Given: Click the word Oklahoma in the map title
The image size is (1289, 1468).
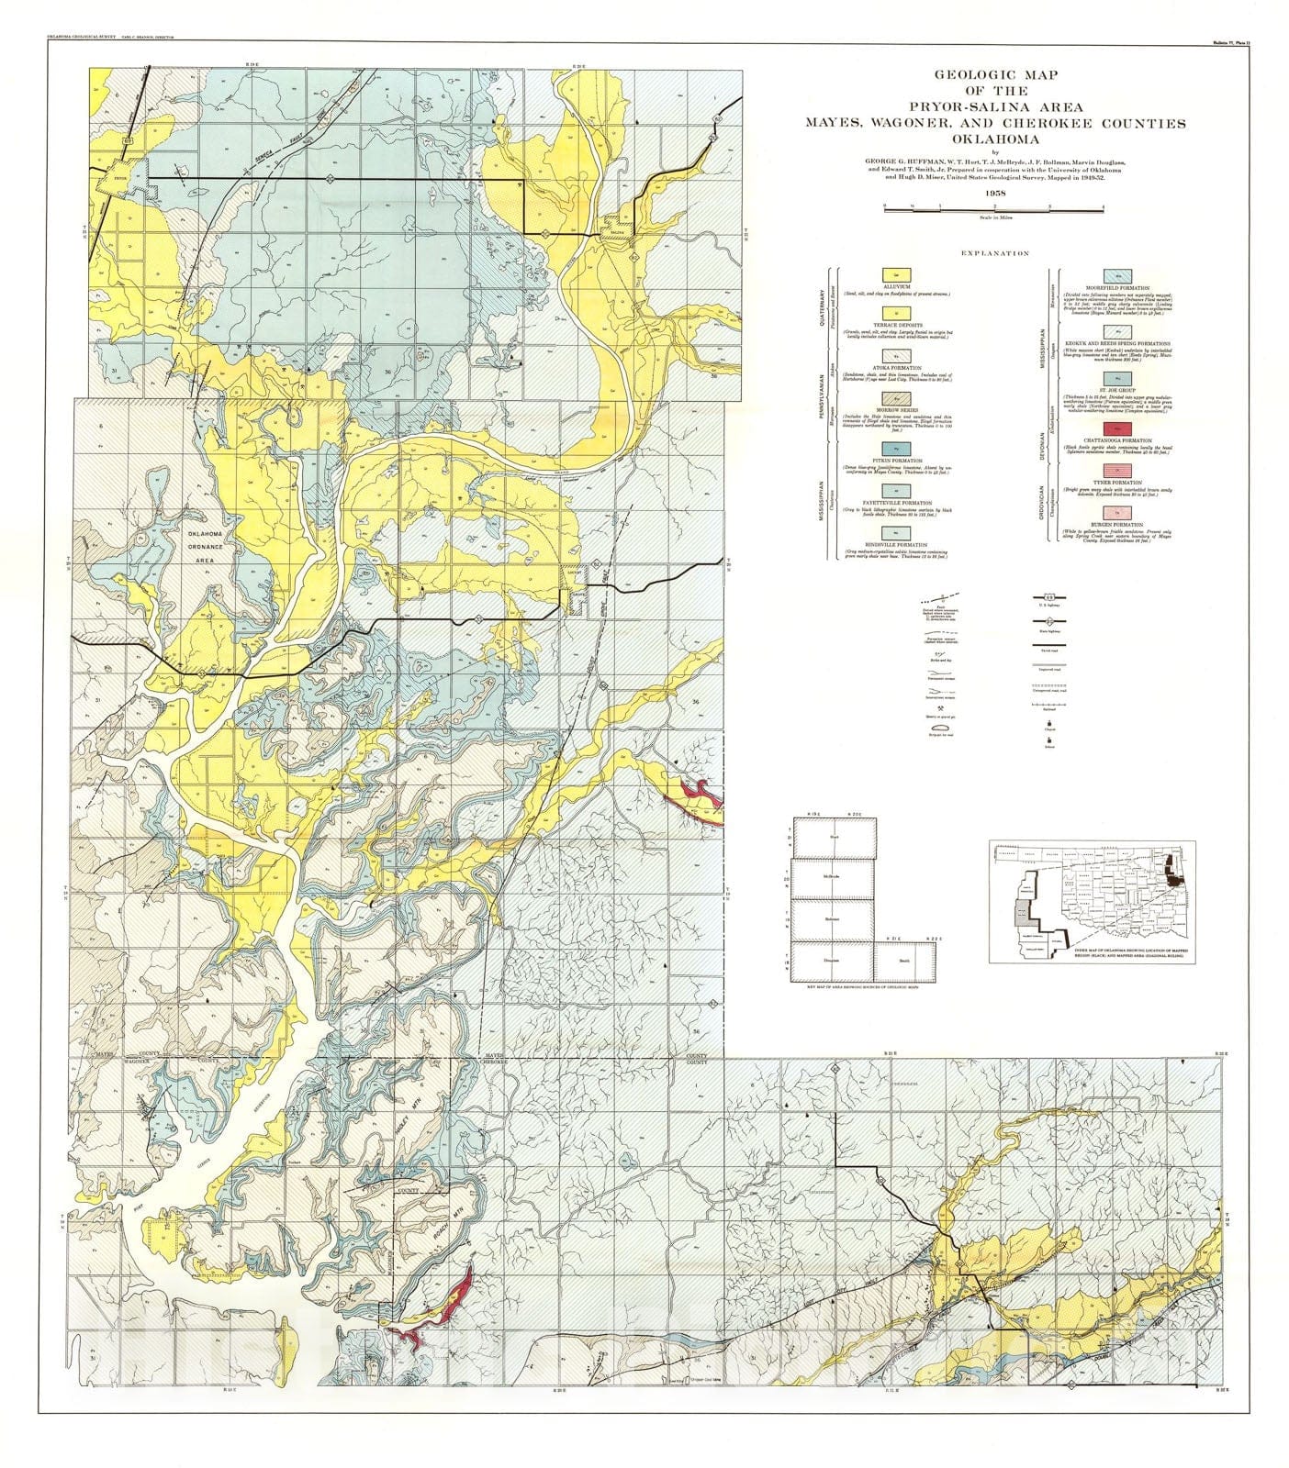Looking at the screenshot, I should [994, 139].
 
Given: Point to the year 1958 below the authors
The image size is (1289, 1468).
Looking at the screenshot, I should [994, 193].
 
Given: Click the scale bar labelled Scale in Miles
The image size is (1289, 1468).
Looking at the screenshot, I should [994, 210].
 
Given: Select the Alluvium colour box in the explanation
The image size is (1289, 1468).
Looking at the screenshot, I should [890, 274].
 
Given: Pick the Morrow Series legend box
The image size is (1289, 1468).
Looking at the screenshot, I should [890, 398].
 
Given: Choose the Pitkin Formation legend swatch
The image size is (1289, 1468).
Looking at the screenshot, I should [890, 447].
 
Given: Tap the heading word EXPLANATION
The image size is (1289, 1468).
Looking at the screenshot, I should [994, 254].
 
